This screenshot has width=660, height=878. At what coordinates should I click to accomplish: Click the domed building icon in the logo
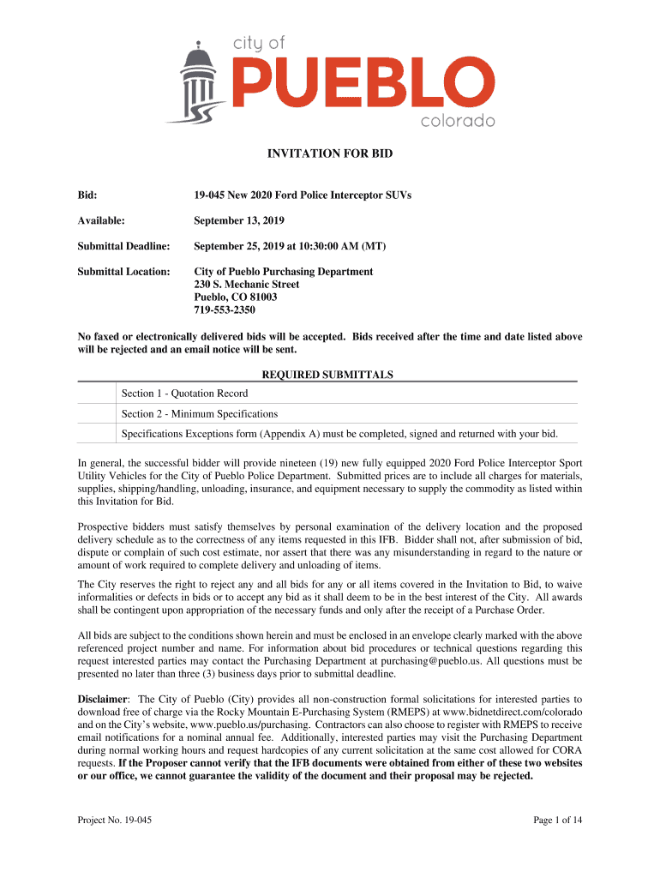tap(199, 82)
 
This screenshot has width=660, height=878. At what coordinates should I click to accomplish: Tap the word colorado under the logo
tap(457, 121)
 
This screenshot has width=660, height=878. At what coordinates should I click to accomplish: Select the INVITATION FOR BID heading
tap(329, 155)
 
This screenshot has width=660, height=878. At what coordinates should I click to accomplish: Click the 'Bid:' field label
tap(87, 196)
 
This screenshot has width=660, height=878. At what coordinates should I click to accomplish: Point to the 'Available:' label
tap(101, 221)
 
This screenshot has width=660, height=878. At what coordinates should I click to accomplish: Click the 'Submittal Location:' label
tap(123, 272)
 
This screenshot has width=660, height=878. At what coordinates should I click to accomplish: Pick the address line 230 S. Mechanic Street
tap(247, 285)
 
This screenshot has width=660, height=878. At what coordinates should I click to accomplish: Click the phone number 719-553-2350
tap(225, 310)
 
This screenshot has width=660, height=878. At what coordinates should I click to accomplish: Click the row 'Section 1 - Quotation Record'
tap(184, 394)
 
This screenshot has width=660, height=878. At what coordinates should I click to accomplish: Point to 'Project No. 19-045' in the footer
tap(115, 821)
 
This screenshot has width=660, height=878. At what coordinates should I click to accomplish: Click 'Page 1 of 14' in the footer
tap(557, 821)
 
